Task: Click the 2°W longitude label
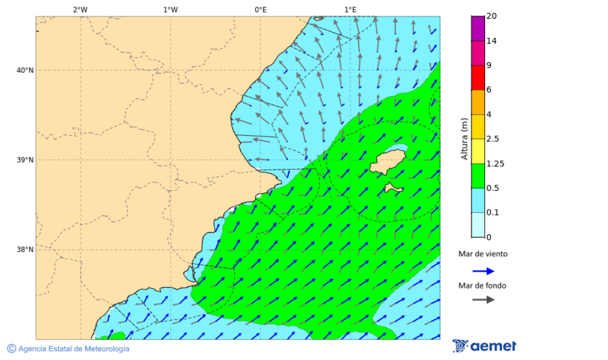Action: coord(80,9)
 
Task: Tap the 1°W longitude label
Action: coord(170,9)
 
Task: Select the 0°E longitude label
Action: coord(260,9)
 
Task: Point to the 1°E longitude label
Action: coord(350,9)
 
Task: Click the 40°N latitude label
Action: coord(25,70)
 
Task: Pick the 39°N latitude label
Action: coord(25,160)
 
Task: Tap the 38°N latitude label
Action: coord(25,250)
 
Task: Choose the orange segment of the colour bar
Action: coord(478,102)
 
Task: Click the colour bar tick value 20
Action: coord(491,16)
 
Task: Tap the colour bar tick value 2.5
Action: coord(492,139)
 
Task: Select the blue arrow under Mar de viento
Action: coord(483,271)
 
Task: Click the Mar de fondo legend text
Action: coord(482,286)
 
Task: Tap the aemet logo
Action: coord(484,346)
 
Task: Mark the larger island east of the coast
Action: coord(387,162)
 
